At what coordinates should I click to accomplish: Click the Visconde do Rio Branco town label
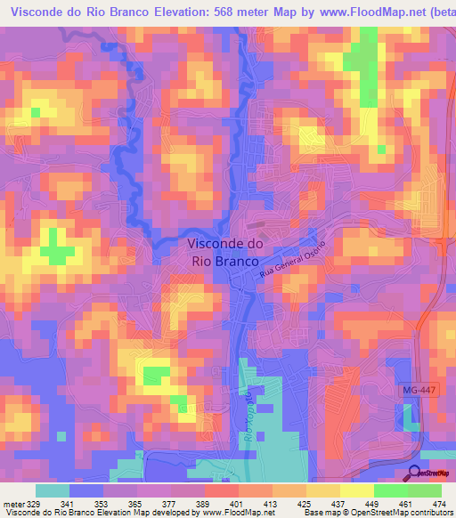point(224,253)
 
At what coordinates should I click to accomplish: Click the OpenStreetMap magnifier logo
point(415,473)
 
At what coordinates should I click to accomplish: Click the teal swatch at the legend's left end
point(52,490)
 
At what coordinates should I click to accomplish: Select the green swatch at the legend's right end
point(424,490)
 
